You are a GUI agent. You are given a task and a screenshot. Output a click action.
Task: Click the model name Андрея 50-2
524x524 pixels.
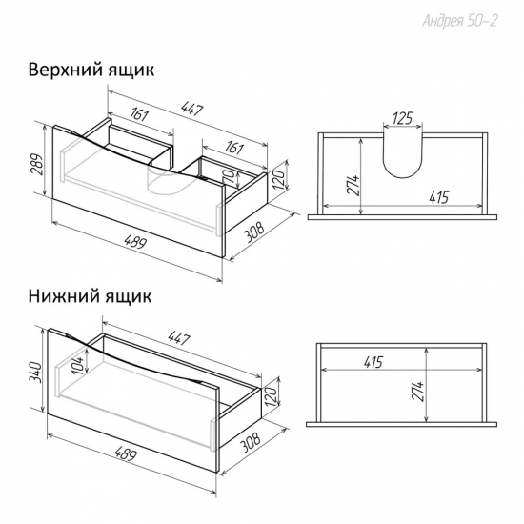(x=460, y=21)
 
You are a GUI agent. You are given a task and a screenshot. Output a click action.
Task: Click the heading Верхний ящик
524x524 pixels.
(x=91, y=71)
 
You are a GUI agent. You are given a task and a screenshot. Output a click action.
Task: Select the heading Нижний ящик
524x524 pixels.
(x=90, y=296)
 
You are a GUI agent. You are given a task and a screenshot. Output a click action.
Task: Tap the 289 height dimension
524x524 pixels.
(x=37, y=165)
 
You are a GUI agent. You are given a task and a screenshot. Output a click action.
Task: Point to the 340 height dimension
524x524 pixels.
(x=35, y=373)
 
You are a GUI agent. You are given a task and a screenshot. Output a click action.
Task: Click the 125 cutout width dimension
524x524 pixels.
(x=403, y=118)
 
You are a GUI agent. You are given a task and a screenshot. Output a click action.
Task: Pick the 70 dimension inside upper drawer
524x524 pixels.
(x=230, y=177)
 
